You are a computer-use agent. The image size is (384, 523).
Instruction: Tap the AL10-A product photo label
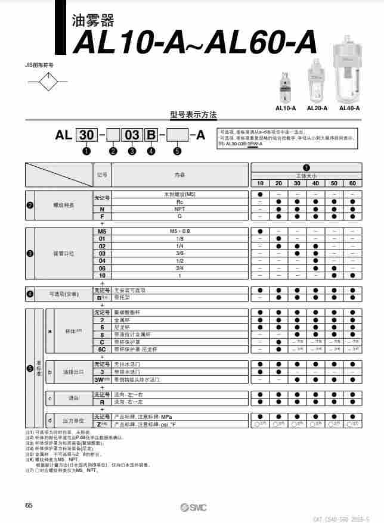[x=286, y=108]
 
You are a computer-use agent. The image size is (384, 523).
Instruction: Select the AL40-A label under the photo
[x=349, y=108]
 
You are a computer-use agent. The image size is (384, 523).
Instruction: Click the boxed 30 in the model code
[x=87, y=135]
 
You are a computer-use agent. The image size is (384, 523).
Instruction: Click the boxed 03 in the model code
[x=131, y=135]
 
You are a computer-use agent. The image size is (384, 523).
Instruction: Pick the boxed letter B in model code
[x=151, y=135]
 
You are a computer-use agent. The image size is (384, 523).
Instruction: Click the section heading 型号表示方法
[x=193, y=114]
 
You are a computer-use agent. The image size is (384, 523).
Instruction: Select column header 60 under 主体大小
[x=352, y=183]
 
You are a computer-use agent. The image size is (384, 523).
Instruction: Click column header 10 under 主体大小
[x=261, y=183]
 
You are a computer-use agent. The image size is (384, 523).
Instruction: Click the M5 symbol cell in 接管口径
[x=102, y=231]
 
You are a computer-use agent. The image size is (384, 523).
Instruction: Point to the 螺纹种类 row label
[x=64, y=205]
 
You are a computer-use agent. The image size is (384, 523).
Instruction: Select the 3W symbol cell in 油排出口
[x=102, y=379]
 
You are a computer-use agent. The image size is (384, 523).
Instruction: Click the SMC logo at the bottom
[x=193, y=506]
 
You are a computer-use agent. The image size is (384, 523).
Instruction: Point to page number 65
[x=29, y=505]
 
